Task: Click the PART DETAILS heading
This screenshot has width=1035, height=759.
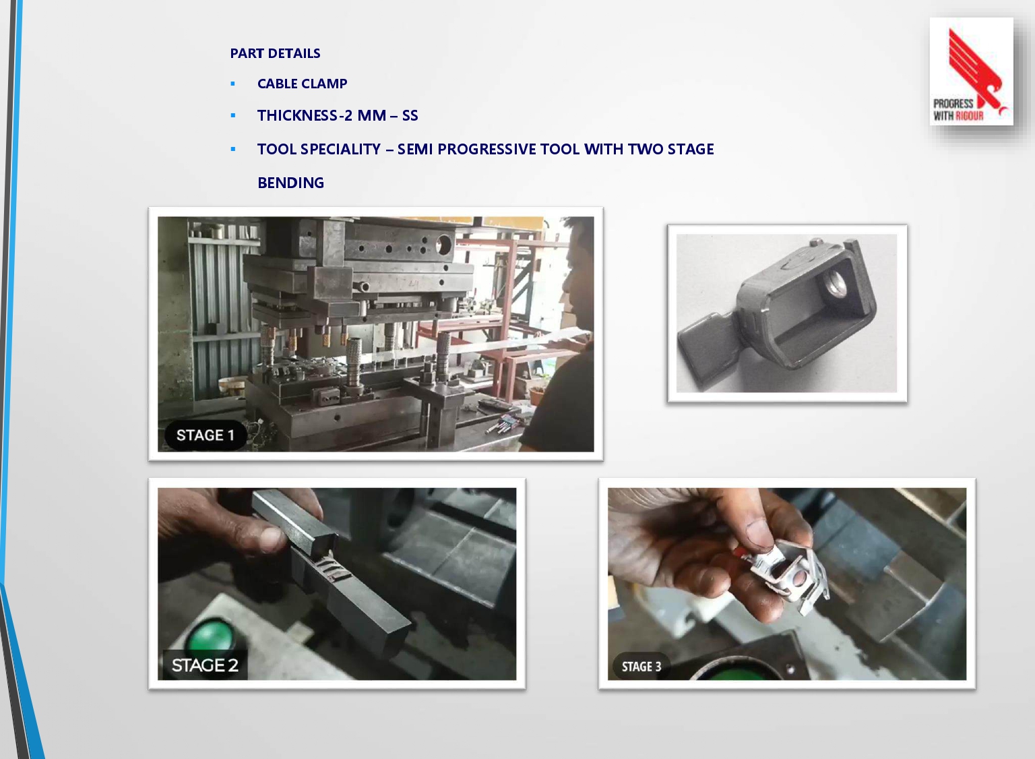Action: [x=275, y=53]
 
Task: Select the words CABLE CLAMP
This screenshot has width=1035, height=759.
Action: [x=302, y=84]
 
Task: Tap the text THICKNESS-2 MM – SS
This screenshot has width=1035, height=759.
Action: [x=338, y=115]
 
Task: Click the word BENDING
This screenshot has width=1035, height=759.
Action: [x=290, y=183]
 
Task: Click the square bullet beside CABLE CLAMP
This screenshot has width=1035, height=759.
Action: [x=233, y=84]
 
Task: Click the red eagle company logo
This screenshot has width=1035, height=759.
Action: [x=976, y=69]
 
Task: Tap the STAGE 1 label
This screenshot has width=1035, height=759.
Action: [x=205, y=435]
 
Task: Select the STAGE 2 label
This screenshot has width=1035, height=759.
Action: [x=205, y=665]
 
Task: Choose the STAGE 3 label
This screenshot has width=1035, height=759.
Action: [x=641, y=666]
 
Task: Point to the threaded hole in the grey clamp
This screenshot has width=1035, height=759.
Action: [x=834, y=283]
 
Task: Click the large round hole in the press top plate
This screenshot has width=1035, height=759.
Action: [x=443, y=244]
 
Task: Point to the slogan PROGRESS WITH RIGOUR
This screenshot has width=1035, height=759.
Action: [x=959, y=110]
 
